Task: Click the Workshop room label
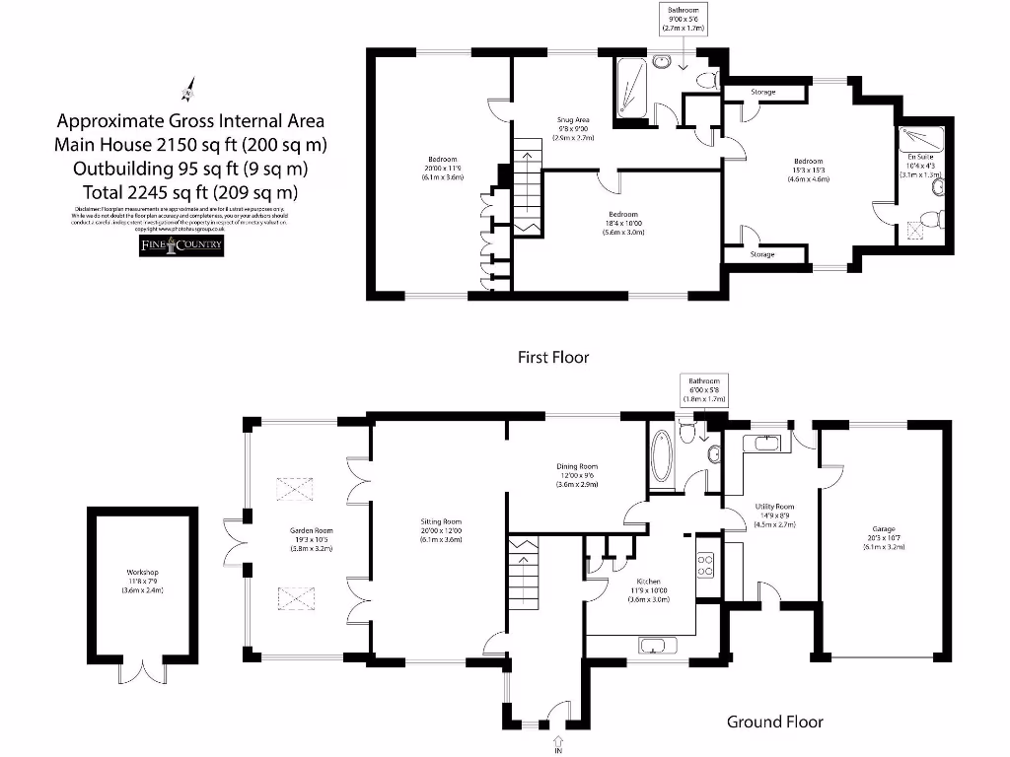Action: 142,581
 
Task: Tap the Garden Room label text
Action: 312,539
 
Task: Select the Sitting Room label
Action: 439,531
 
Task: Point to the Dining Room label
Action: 577,475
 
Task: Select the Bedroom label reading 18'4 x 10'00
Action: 622,223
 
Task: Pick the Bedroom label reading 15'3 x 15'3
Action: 807,170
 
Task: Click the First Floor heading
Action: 553,357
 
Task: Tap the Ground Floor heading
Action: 774,722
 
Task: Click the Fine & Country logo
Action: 180,245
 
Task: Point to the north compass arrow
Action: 186,92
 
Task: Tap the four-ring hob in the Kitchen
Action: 706,564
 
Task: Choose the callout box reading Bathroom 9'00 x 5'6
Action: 684,18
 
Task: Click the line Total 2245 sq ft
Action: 189,191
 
